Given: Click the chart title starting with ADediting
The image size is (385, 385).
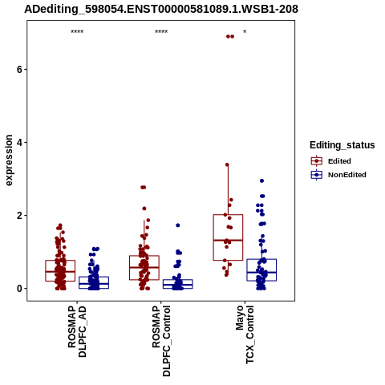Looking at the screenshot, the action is click(x=161, y=9).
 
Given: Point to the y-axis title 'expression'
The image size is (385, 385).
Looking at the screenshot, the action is click(x=9, y=160).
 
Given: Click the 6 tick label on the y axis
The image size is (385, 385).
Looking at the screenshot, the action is click(x=19, y=70).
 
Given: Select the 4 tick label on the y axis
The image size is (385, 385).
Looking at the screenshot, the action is click(x=19, y=143).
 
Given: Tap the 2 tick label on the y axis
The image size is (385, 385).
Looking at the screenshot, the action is click(x=19, y=216).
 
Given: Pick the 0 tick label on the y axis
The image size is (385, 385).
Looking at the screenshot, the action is click(x=19, y=289).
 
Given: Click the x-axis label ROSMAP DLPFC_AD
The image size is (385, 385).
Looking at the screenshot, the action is click(x=77, y=331).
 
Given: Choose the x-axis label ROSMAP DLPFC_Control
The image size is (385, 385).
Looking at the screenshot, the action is click(x=161, y=341).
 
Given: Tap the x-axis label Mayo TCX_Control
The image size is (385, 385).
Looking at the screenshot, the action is click(x=245, y=334).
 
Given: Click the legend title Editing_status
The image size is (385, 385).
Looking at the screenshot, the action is click(x=342, y=145).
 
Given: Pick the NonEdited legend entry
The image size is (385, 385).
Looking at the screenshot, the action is click(x=338, y=175).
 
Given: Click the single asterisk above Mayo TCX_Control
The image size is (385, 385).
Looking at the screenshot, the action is click(x=245, y=32).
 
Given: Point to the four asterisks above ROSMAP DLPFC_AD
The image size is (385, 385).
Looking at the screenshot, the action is click(x=77, y=32).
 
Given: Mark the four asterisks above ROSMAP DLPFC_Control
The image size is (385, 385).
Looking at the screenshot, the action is click(x=161, y=32).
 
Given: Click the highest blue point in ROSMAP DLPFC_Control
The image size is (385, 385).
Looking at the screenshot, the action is click(x=178, y=225).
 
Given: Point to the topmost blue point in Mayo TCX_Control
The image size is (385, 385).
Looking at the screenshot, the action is click(x=261, y=181).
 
